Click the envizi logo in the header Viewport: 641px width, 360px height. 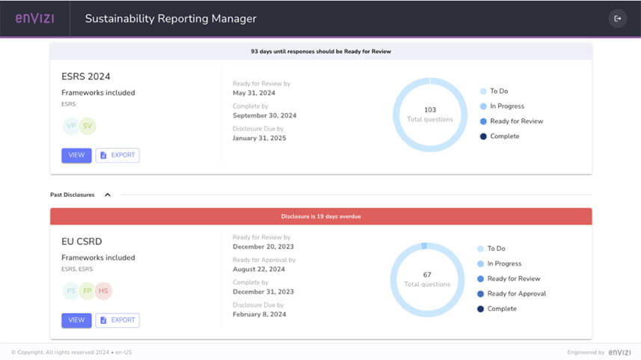pyautogui.click(x=34, y=18)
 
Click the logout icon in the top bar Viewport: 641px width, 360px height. pyautogui.click(x=617, y=18)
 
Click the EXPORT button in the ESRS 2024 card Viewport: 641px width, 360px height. pyautogui.click(x=117, y=155)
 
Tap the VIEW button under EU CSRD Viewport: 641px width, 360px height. pyautogui.click(x=76, y=320)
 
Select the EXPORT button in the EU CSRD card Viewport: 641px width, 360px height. pyautogui.click(x=117, y=320)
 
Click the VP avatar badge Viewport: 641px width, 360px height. pyautogui.click(x=72, y=126)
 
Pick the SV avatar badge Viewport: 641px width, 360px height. pyautogui.click(x=88, y=126)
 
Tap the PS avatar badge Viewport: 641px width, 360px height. pyautogui.click(x=71, y=291)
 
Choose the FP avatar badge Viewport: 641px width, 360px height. pyautogui.click(x=88, y=291)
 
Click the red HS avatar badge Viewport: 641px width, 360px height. pyautogui.click(x=103, y=291)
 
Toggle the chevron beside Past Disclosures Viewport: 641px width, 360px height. pyautogui.click(x=108, y=195)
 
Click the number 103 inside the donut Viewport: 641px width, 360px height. pyautogui.click(x=430, y=110)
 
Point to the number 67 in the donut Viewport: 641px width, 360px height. pyautogui.click(x=428, y=275)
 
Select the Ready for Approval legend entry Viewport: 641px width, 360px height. pyautogui.click(x=516, y=293)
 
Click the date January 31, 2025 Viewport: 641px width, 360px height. pyautogui.click(x=260, y=138)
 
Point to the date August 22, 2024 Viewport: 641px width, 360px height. pyautogui.click(x=259, y=269)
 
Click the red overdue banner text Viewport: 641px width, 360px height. pyautogui.click(x=321, y=216)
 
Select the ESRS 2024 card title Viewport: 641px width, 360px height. pyautogui.click(x=86, y=76)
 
